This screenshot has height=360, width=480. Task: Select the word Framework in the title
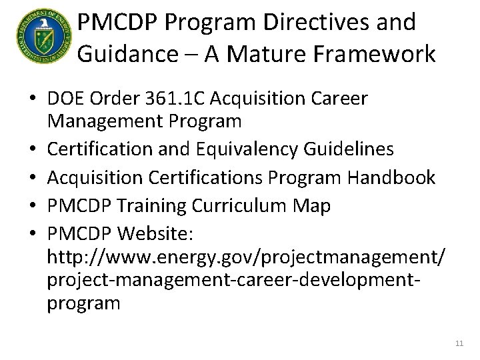pyautogui.click(x=378, y=53)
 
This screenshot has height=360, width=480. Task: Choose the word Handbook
pyautogui.click(x=391, y=177)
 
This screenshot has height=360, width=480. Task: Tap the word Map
pyautogui.click(x=313, y=206)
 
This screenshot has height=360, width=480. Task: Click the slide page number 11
pyautogui.click(x=459, y=343)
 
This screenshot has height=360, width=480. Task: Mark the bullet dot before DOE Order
pyautogui.click(x=32, y=99)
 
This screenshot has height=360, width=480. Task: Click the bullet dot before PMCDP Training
pyautogui.click(x=32, y=207)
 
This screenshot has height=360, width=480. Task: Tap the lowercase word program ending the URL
pyautogui.click(x=83, y=303)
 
